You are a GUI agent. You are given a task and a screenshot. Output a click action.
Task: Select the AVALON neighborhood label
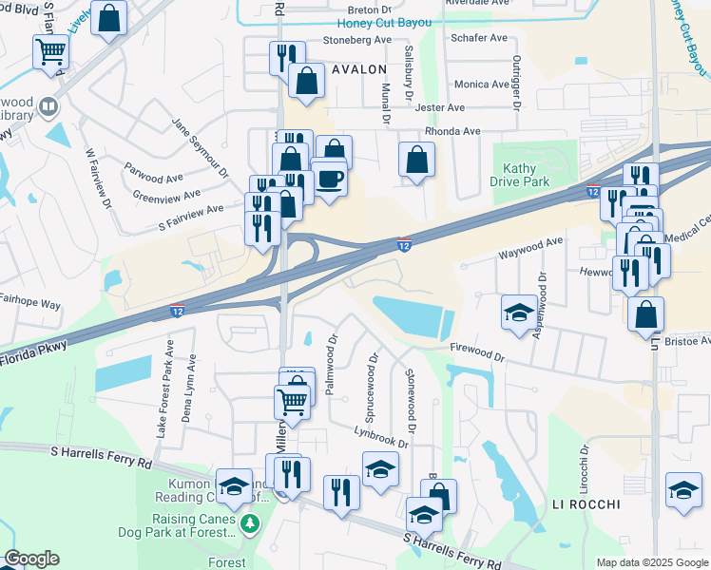(x=358, y=69)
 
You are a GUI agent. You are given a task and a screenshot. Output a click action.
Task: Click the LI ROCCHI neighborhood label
(x=586, y=503)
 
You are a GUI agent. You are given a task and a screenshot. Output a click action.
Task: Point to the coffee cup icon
(x=329, y=179)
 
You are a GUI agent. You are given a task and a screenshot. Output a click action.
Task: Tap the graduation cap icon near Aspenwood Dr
(x=518, y=312)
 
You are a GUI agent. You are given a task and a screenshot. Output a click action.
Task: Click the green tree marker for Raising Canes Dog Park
(x=250, y=523)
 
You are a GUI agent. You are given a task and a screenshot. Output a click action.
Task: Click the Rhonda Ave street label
(x=452, y=131)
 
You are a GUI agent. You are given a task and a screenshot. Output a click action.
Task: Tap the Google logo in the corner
(x=31, y=559)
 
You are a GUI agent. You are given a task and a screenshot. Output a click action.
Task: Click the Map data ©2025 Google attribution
(x=651, y=562)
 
